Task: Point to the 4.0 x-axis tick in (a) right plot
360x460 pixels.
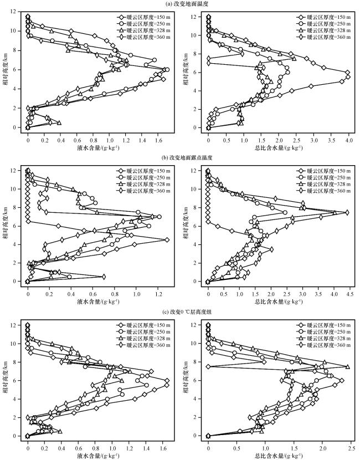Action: (x=349, y=140)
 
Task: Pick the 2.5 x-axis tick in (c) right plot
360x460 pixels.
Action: (x=351, y=448)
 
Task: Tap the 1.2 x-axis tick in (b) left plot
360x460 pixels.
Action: (x=158, y=294)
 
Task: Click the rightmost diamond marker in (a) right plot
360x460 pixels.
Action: (x=348, y=77)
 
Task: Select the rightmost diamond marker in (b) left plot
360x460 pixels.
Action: (x=167, y=239)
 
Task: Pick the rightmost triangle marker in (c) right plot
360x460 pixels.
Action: (x=348, y=366)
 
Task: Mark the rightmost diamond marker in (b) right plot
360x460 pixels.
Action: (x=347, y=212)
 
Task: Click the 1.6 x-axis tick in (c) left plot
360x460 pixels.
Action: (x=163, y=448)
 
